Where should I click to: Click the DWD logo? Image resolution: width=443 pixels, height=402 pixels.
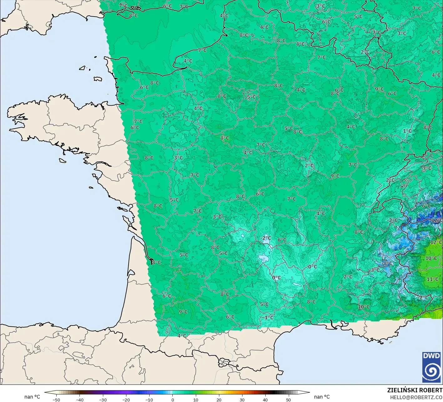pos(432,367)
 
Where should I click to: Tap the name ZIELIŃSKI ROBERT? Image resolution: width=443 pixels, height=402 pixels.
pos(415,390)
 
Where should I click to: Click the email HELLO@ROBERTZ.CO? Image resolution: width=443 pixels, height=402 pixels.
pos(416,397)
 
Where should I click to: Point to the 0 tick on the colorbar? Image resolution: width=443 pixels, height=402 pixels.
pos(172,400)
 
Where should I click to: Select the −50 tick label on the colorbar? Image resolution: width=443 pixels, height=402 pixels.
pos(56,400)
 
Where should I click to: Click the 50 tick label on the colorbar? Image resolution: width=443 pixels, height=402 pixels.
pos(288,400)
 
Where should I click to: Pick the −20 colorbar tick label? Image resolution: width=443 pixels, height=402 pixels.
pos(126,400)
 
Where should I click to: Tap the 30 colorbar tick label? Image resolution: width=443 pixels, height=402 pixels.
pos(242,400)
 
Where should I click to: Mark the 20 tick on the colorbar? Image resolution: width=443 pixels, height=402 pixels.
pos(219,400)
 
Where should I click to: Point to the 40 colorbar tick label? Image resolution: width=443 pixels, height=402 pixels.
pos(265,400)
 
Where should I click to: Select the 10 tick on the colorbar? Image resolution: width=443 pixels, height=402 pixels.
pos(196,400)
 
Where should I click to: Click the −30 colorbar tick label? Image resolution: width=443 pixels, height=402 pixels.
pos(103,400)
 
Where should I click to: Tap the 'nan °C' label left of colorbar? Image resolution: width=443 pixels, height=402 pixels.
pos(32,397)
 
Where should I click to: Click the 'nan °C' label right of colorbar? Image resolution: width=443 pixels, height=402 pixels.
pos(322,397)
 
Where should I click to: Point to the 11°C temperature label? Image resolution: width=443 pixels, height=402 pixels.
pos(432,279)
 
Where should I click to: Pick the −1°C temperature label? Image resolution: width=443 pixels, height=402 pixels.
pos(268,317)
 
